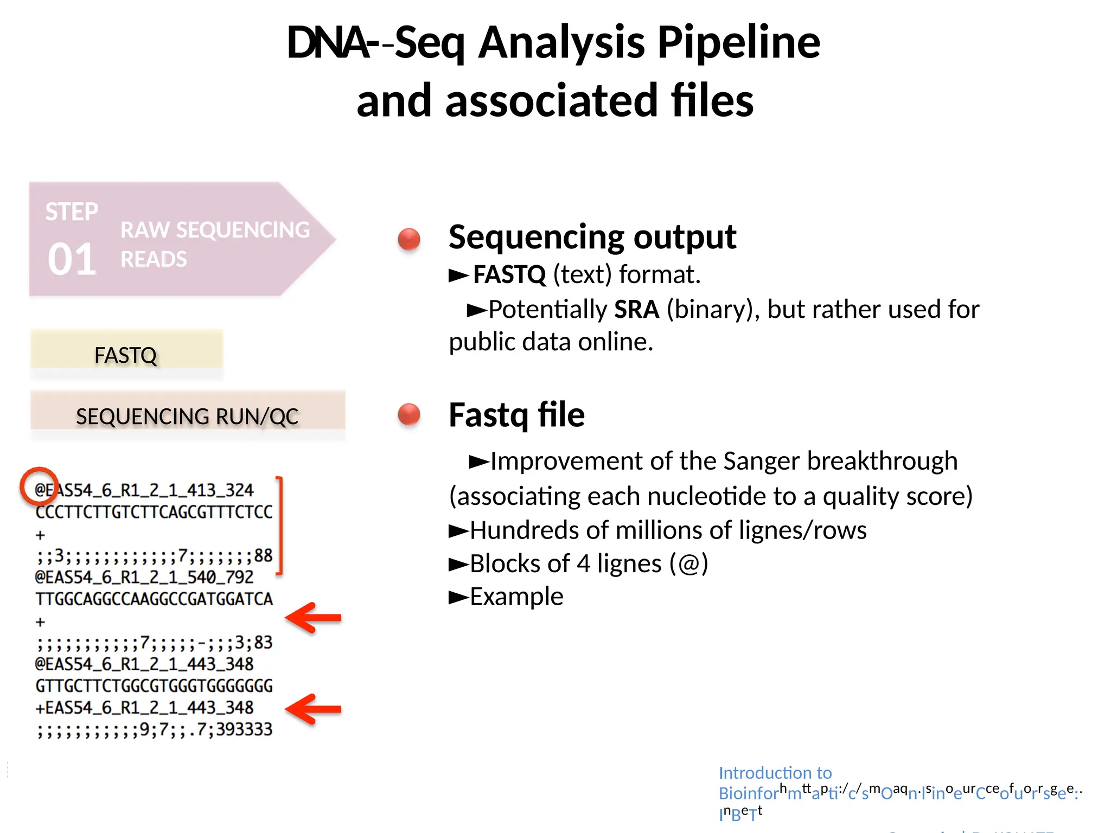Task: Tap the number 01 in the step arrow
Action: (x=72, y=259)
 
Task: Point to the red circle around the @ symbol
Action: (x=39, y=486)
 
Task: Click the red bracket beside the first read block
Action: (x=280, y=525)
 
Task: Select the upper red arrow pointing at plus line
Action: (x=314, y=618)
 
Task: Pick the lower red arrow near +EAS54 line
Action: (x=314, y=709)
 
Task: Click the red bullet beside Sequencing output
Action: (x=409, y=239)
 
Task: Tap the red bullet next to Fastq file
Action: (x=409, y=414)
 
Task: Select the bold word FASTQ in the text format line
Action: (x=509, y=274)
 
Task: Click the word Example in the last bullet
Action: (x=516, y=597)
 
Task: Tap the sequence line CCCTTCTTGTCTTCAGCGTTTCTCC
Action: (x=154, y=512)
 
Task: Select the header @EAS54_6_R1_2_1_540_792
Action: (x=144, y=577)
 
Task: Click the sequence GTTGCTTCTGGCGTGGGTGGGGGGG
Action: (x=154, y=686)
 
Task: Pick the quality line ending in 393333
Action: (x=154, y=729)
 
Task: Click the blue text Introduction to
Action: (x=775, y=772)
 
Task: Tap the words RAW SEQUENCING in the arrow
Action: (x=215, y=230)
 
